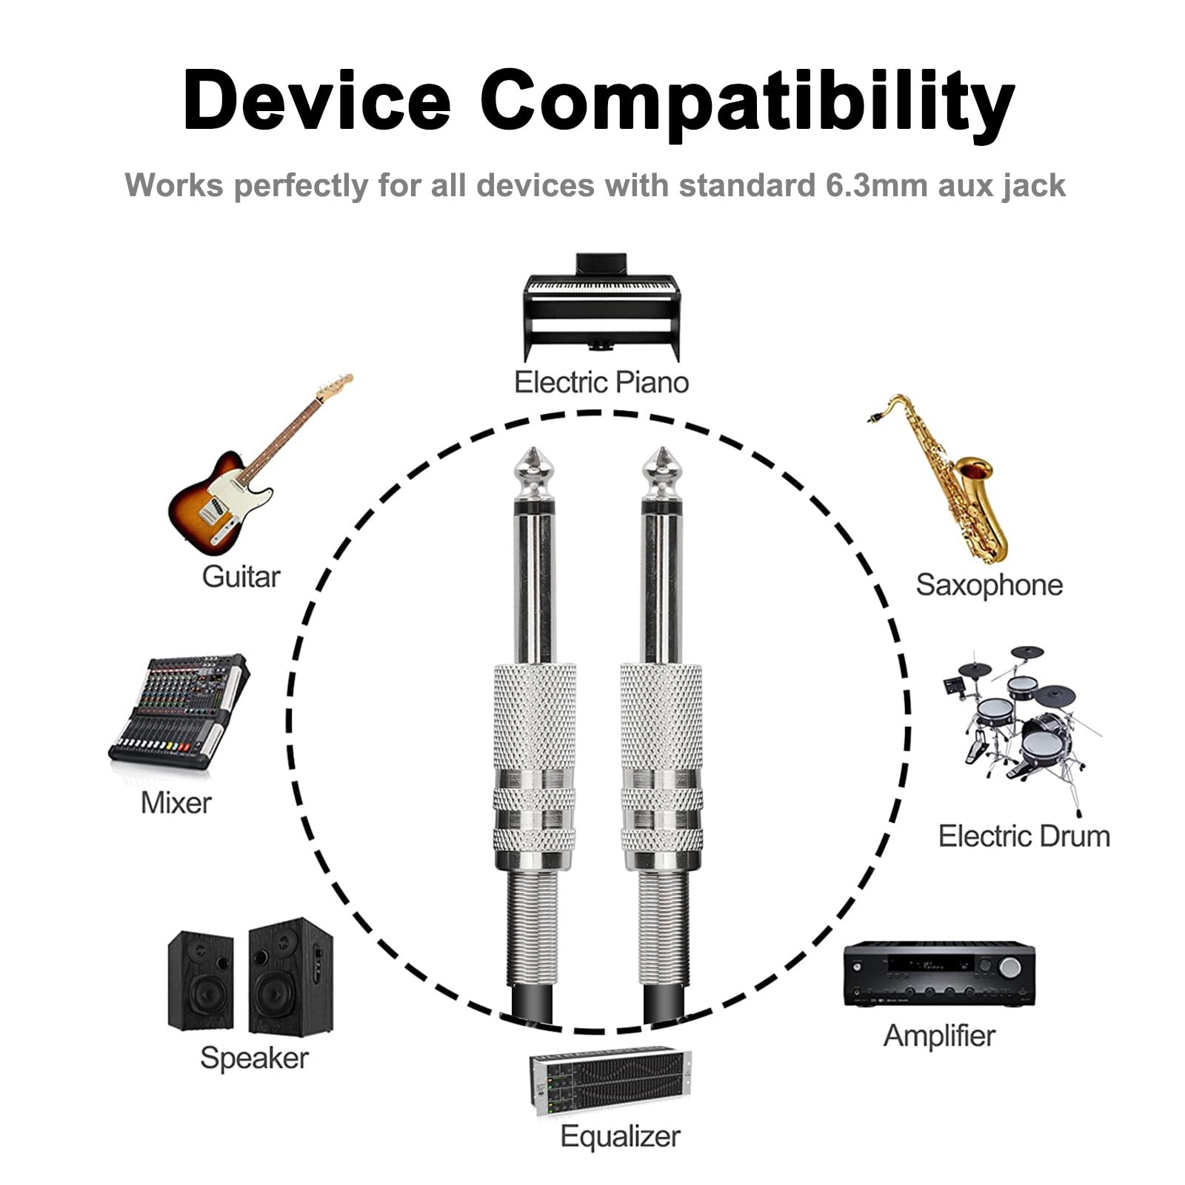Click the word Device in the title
[316, 100]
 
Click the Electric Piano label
[601, 382]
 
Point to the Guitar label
[241, 577]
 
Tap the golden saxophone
[944, 478]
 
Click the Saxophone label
[989, 585]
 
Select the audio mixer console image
[179, 711]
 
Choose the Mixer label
[176, 803]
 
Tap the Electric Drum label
[1024, 836]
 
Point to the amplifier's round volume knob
[1009, 967]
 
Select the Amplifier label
[939, 1035]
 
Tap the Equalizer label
[620, 1136]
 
